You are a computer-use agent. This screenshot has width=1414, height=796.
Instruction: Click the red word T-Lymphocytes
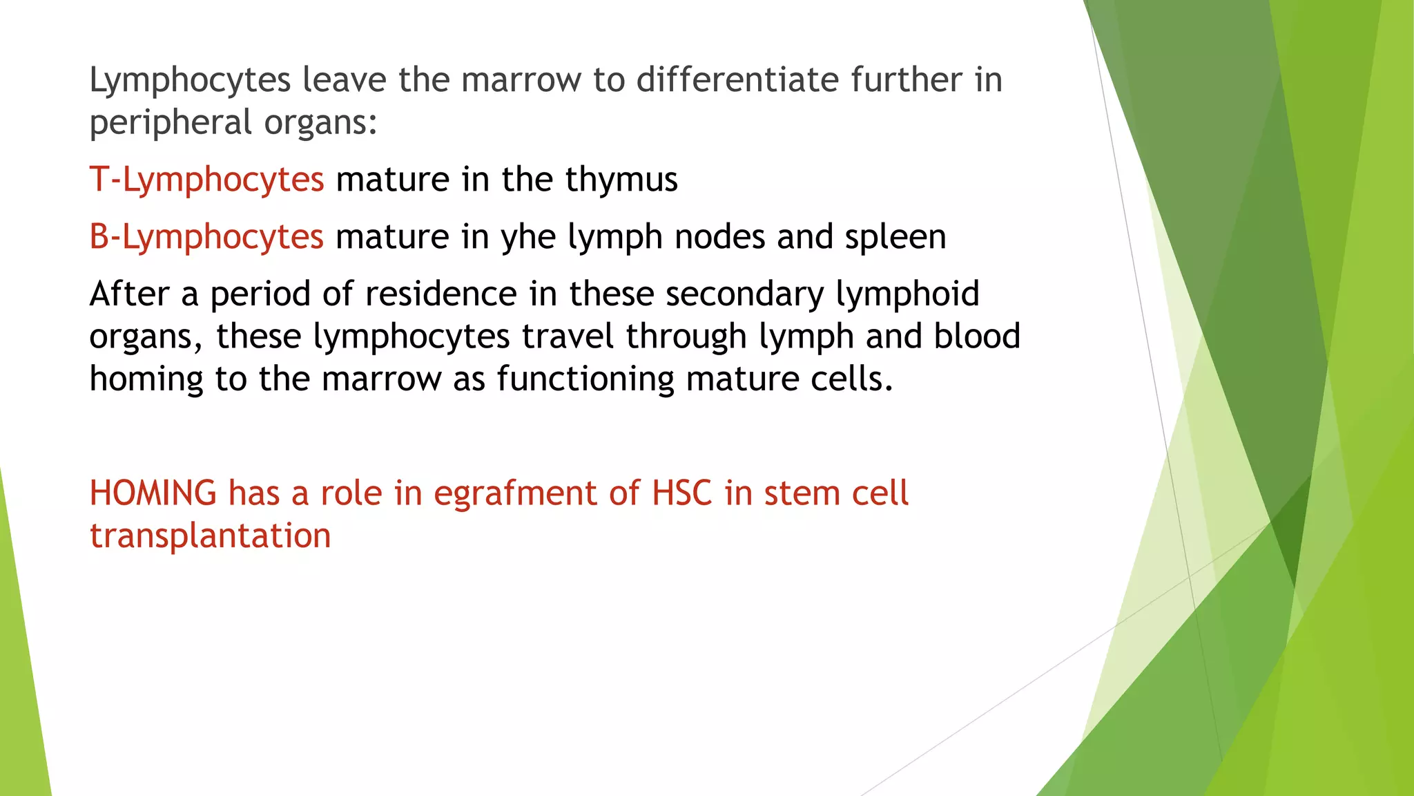[x=206, y=180]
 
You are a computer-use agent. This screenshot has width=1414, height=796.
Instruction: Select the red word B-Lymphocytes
[x=206, y=238]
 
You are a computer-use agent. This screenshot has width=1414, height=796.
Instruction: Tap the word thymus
[x=621, y=180]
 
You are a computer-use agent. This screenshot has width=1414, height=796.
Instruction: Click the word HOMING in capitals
[x=153, y=493]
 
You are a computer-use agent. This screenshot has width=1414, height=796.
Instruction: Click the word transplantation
[x=211, y=536]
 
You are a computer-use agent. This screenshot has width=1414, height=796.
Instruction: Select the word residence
[x=441, y=294]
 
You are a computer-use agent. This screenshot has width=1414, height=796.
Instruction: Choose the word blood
[x=977, y=337]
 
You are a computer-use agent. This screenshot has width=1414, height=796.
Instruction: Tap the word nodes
[x=720, y=238]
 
